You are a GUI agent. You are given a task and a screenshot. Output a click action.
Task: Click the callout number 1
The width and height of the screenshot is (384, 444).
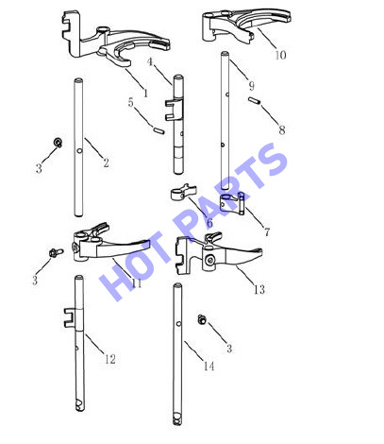click(145, 93)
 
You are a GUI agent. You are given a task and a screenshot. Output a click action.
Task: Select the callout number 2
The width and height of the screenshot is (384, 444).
click(106, 162)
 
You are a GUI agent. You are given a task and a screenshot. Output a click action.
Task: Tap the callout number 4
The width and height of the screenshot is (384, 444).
click(150, 61)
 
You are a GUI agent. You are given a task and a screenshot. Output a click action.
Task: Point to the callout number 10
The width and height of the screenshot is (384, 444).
click(281, 55)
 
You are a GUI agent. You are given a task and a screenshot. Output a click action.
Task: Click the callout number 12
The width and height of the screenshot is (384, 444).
click(110, 359)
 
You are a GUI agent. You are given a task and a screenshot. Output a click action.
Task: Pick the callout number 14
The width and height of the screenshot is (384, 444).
click(209, 366)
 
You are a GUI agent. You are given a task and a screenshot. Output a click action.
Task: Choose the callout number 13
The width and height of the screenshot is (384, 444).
click(259, 289)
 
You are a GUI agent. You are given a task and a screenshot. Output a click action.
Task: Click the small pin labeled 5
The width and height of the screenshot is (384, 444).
click(159, 130)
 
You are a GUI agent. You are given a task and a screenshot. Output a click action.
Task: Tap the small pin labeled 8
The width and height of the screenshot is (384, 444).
click(254, 101)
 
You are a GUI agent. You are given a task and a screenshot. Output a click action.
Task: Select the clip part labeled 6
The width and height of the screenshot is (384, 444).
click(184, 192)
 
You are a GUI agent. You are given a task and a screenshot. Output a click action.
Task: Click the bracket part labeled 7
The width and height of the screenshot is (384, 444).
click(232, 203)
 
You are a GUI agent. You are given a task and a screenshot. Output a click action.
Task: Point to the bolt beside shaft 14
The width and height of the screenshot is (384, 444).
click(202, 319)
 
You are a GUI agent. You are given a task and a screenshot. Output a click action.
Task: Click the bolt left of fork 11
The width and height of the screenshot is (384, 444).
click(56, 252)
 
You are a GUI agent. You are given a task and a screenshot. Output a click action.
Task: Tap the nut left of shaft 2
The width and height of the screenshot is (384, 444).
click(58, 142)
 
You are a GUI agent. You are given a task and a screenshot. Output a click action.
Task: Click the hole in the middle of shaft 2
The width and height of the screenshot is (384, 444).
click(79, 151)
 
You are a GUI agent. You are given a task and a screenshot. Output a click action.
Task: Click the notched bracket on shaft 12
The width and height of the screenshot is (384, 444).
click(70, 317)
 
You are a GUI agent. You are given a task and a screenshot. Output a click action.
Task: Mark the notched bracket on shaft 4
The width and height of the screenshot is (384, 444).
click(173, 110)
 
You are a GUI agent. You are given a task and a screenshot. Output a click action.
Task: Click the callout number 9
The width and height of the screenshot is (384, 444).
click(251, 85)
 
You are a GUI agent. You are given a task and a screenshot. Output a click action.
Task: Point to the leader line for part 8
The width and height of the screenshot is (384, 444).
click(270, 115)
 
